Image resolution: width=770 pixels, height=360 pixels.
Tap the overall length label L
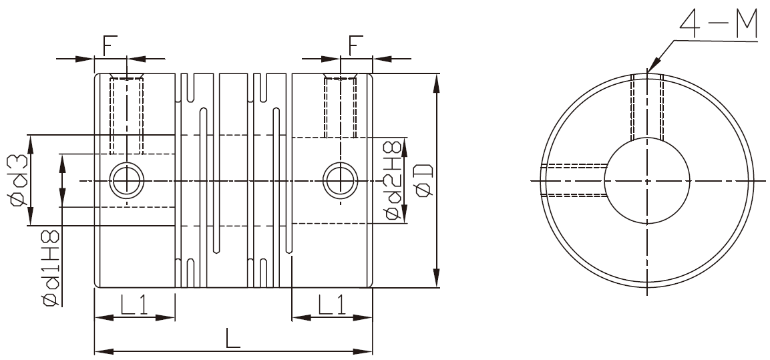pos(233,338)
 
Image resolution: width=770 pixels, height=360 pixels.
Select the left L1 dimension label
pos(134,305)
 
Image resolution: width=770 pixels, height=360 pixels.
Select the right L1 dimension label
pos(332,305)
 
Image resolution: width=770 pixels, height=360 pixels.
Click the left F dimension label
pos(110,45)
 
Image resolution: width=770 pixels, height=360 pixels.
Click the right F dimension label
pos(355,45)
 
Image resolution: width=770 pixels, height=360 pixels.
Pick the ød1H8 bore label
pos(51,267)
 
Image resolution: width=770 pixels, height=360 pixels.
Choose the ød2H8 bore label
pos(393,180)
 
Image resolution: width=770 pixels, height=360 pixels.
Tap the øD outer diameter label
pos(424,180)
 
